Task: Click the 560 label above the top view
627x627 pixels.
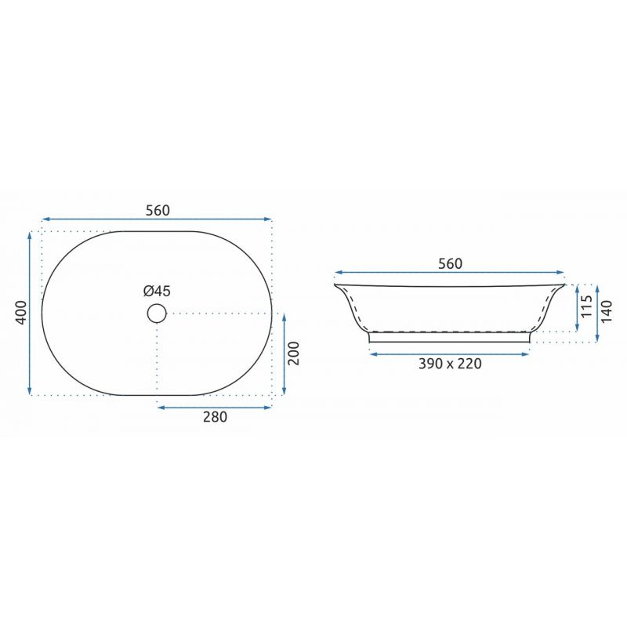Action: point(158,210)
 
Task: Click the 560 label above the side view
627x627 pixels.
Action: point(450,264)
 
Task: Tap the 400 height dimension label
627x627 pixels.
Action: point(20,313)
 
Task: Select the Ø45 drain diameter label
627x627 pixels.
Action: point(158,291)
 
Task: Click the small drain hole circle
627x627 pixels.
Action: point(157,313)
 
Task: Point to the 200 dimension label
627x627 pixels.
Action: point(293,353)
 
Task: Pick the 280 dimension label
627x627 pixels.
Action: point(215,417)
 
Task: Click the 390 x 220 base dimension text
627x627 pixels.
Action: point(450,364)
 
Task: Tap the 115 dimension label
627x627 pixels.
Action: point(586,306)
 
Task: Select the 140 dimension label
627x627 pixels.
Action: point(606,312)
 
